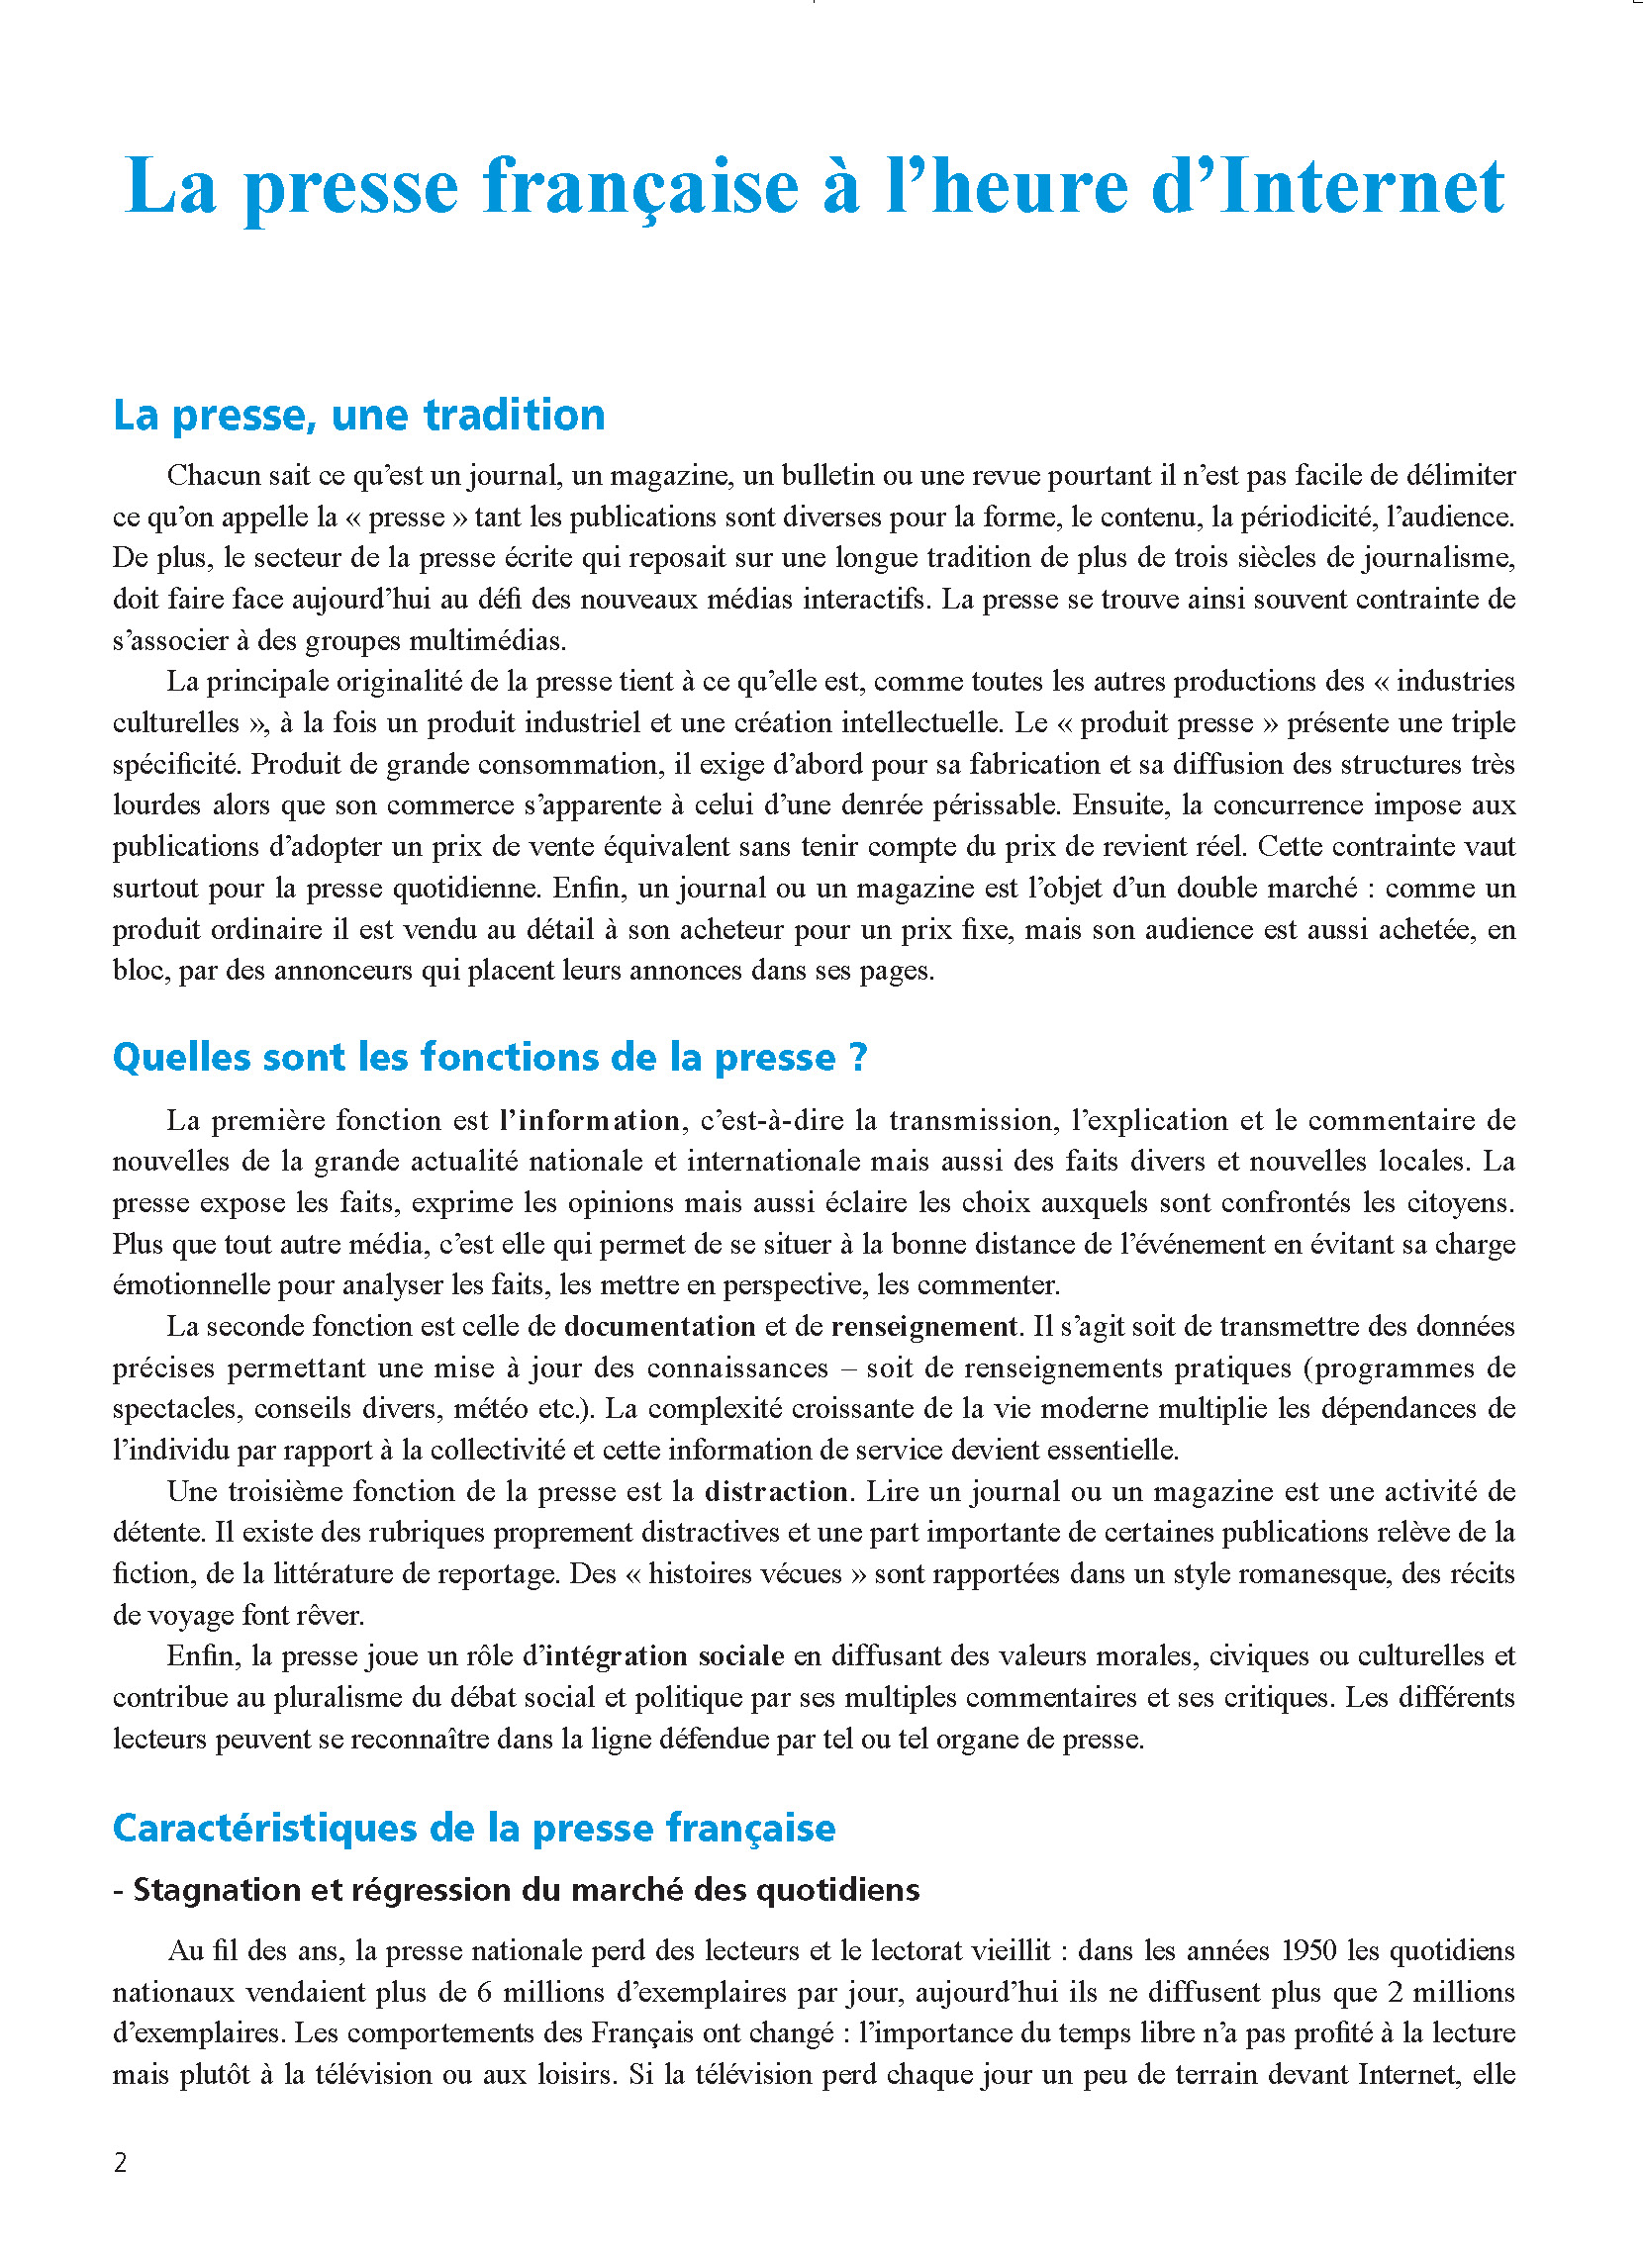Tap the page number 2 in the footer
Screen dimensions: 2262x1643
tap(121, 2162)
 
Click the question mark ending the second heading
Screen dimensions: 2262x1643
tap(859, 1057)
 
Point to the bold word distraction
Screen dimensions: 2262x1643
tap(776, 1491)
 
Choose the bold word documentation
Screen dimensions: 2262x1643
tap(659, 1327)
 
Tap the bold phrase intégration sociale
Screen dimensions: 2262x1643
tap(665, 1656)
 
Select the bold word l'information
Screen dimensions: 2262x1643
tap(590, 1120)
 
